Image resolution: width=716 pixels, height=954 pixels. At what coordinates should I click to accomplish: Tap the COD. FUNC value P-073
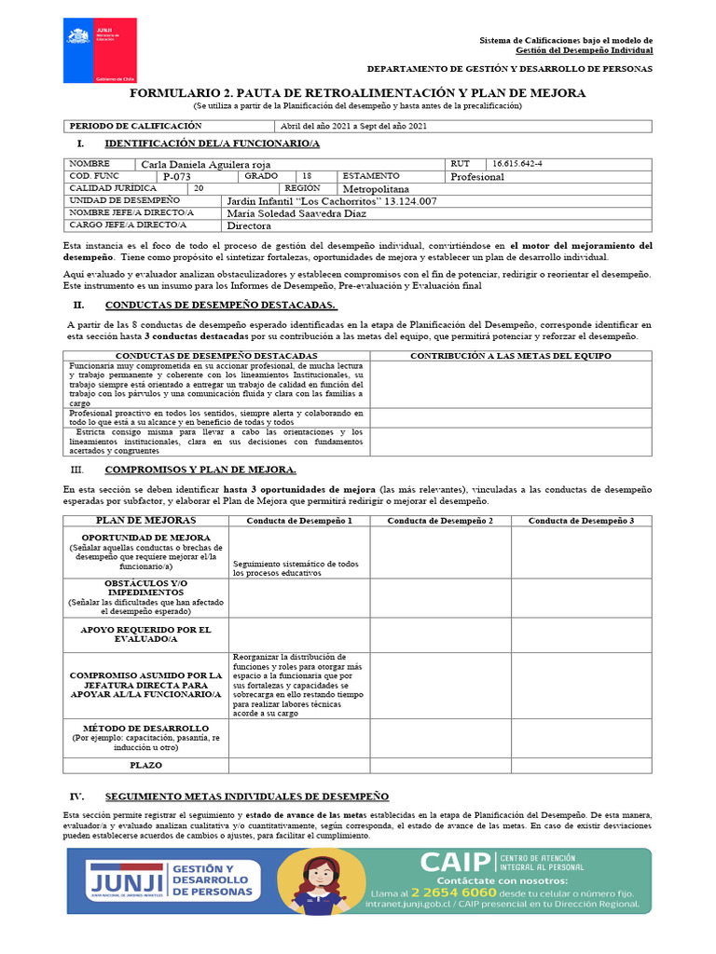click(176, 176)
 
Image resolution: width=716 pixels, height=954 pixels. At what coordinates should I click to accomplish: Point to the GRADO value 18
click(307, 175)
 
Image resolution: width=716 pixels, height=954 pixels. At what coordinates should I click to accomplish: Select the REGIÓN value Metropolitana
click(376, 188)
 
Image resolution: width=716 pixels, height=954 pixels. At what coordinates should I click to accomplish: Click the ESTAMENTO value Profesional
click(476, 176)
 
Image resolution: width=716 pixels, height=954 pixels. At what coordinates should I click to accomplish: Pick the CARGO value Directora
click(249, 225)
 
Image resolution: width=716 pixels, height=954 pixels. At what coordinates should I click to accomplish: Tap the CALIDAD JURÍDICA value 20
click(199, 188)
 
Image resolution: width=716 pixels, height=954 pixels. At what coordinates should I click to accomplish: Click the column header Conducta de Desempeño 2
click(440, 520)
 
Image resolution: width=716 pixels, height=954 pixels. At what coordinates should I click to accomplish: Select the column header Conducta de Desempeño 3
click(581, 520)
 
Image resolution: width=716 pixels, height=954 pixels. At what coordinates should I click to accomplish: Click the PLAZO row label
click(146, 765)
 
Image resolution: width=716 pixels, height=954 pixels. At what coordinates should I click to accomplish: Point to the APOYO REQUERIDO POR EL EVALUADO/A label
click(146, 634)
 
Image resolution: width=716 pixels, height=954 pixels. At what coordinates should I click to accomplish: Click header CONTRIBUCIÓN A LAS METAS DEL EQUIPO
click(511, 356)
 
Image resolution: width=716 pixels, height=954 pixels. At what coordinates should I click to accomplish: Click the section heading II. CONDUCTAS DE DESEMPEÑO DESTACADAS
click(221, 306)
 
